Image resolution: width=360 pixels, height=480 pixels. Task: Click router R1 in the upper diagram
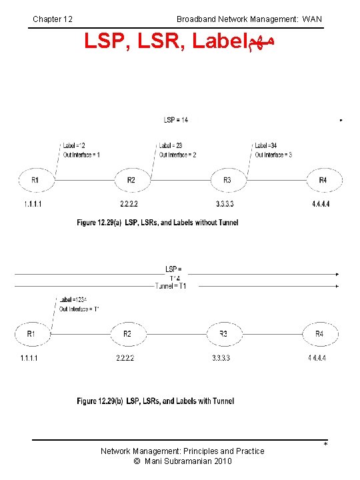35,180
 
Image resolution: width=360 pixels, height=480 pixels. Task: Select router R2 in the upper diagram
131,180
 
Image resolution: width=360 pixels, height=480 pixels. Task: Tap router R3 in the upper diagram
227,180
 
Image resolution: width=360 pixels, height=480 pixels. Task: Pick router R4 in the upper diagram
323,180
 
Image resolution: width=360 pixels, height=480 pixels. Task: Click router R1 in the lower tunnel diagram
31,333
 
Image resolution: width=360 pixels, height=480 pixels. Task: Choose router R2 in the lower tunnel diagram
127,333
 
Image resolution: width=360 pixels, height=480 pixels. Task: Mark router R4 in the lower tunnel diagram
319,333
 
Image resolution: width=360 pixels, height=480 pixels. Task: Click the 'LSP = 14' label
176,120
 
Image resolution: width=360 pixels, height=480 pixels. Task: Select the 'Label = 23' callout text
171,145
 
